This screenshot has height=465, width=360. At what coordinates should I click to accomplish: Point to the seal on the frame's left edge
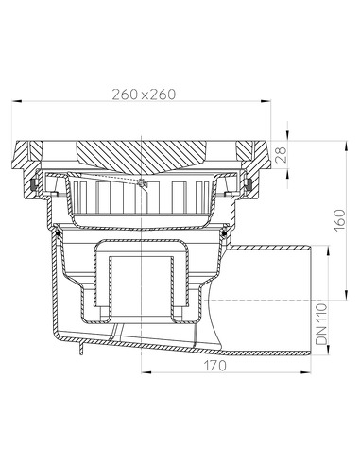tap(35, 181)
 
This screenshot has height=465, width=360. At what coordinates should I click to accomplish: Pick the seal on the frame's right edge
tap(248, 181)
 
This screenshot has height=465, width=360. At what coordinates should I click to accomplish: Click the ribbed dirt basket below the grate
tap(142, 204)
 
